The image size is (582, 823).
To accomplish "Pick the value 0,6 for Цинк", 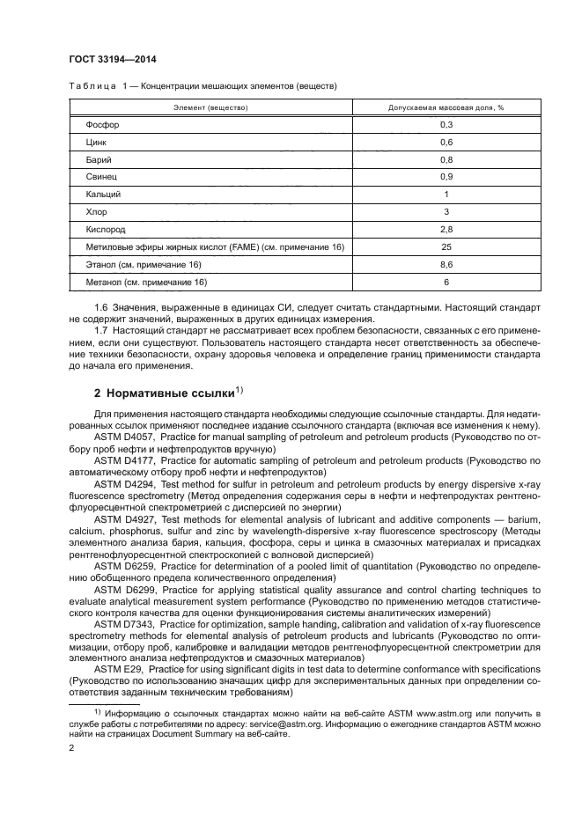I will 446,142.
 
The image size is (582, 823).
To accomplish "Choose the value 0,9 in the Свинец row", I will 446,177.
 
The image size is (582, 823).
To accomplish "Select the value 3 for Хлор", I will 446,211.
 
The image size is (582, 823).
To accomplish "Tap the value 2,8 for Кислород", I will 446,229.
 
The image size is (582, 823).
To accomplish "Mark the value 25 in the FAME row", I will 446,246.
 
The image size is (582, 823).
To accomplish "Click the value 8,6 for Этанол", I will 446,264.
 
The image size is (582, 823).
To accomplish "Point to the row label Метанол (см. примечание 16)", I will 146,282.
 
